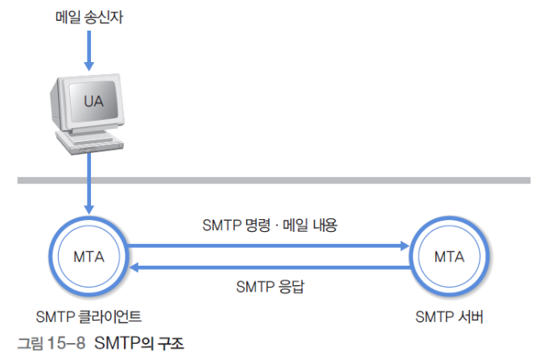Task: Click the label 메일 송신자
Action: tap(88, 17)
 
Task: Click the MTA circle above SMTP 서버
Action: tap(449, 257)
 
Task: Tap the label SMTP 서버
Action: tap(449, 317)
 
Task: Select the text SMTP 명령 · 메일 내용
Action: tap(270, 226)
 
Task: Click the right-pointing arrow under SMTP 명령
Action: tap(270, 246)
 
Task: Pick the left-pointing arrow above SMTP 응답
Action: tap(270, 266)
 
